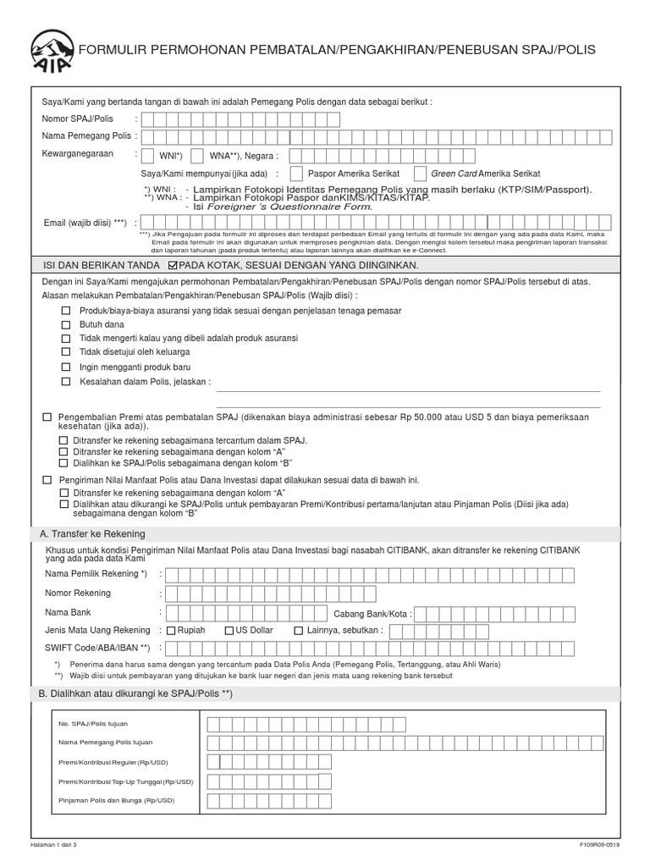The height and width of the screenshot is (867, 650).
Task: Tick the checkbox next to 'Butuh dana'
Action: point(66,324)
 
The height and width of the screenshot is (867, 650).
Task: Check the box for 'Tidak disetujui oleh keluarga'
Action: point(66,351)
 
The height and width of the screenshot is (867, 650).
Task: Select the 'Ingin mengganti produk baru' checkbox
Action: point(66,367)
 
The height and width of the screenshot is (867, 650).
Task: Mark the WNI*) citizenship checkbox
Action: point(151,155)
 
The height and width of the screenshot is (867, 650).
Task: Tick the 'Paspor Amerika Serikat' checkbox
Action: point(295,174)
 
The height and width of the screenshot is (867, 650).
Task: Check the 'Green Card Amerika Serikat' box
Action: point(420,174)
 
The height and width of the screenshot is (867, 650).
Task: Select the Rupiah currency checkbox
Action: point(171,631)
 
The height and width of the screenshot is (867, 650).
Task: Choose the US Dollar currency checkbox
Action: point(229,631)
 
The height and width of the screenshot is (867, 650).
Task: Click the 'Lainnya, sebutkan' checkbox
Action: point(299,631)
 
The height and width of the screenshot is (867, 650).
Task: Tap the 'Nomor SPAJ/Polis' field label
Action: point(78,119)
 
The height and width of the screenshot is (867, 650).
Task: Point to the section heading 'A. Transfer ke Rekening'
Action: point(92,533)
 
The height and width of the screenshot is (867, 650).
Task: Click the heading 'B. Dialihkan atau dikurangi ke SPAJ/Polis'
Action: point(135,693)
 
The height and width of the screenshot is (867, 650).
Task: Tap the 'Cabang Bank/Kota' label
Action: point(372,613)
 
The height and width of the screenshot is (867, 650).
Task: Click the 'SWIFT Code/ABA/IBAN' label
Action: point(97,648)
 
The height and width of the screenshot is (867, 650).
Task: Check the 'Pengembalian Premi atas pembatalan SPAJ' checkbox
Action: point(48,417)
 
